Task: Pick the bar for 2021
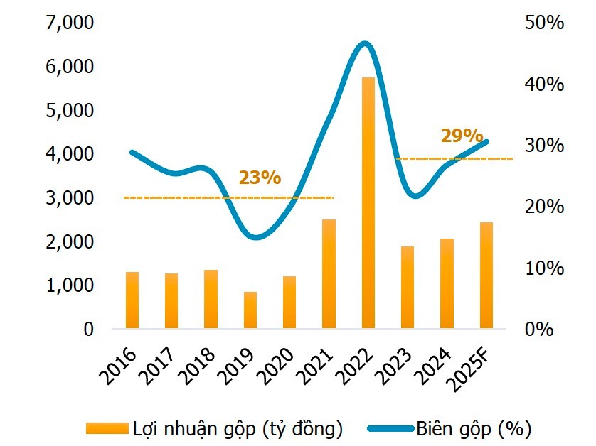329,274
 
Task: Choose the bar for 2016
132,300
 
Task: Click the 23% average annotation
260,178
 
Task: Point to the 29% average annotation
462,136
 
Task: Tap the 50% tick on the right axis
544,23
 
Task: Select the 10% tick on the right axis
544,268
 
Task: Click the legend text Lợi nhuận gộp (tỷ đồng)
238,428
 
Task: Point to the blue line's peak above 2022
364,44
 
